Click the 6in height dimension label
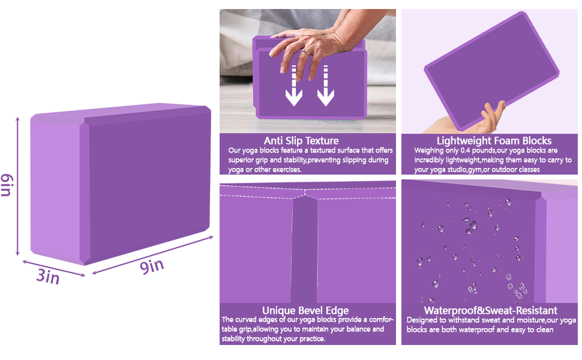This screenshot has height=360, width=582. tap(7, 184)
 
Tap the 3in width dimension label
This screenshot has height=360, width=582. tap(48, 277)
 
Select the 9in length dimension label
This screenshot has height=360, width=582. tap(152, 266)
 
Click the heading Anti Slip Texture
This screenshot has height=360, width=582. tap(301, 141)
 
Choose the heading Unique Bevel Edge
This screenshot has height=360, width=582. tap(305, 310)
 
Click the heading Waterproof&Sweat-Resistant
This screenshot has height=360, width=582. tap(490, 310)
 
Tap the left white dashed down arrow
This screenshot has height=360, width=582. tap(293, 87)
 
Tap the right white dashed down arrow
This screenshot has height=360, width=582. tap(325, 87)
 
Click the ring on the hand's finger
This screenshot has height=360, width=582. tap(305, 52)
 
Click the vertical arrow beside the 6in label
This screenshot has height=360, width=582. tap(18, 186)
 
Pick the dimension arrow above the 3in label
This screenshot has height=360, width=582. tap(53, 268)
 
